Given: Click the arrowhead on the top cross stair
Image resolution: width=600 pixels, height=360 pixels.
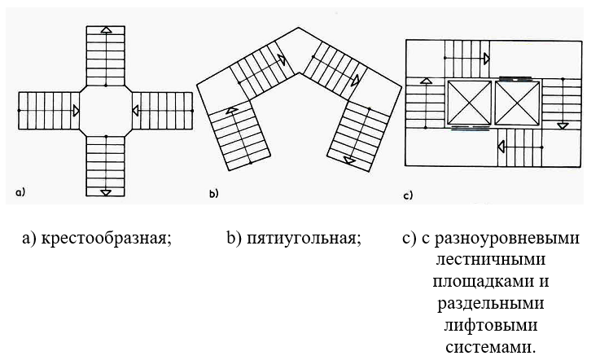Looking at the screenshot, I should pyautogui.click(x=107, y=29).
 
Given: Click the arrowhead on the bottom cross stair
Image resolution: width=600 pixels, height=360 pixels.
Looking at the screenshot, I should pyautogui.click(x=107, y=191).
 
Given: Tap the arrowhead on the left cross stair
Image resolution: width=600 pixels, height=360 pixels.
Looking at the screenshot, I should pyautogui.click(x=75, y=110).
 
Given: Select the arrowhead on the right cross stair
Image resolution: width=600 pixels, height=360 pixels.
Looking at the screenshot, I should pyautogui.click(x=135, y=110).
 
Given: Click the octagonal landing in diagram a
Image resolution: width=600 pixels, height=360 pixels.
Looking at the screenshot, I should pyautogui.click(x=106, y=110).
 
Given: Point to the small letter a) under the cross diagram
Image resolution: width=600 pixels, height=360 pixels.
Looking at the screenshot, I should pyautogui.click(x=20, y=193).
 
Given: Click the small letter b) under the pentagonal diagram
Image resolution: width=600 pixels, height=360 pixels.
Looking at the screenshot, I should pyautogui.click(x=214, y=194).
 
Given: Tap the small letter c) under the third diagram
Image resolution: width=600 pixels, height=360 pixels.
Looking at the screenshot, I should pyautogui.click(x=409, y=195).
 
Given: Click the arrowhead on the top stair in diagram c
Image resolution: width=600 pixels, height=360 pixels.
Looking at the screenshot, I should pyautogui.click(x=486, y=59).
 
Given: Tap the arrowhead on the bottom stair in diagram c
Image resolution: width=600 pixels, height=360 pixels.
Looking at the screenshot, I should pyautogui.click(x=500, y=146).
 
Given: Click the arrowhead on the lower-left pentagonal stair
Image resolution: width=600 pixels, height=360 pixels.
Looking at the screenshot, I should pyautogui.click(x=232, y=110).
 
